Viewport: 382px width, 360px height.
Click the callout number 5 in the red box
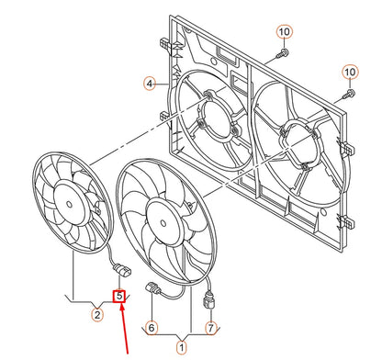click(x=119, y=296)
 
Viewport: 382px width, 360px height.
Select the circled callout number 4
click(x=150, y=84)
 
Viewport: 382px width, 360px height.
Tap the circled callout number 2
click(x=97, y=314)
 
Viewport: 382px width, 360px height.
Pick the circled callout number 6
click(x=152, y=328)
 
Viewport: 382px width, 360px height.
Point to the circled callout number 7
click(x=210, y=328)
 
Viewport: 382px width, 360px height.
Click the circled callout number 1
click(x=181, y=347)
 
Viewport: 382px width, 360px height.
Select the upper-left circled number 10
click(x=285, y=31)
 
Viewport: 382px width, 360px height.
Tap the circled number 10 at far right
click(x=350, y=73)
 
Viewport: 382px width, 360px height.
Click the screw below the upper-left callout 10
click(x=282, y=53)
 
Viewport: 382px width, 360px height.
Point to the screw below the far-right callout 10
click(x=348, y=94)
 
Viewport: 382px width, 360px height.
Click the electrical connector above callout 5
click(x=123, y=270)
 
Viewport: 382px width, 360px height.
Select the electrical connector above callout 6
click(x=153, y=288)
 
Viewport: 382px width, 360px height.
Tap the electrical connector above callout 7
click(x=210, y=300)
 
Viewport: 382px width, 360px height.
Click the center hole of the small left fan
click(x=69, y=205)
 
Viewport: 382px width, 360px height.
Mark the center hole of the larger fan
click(x=163, y=223)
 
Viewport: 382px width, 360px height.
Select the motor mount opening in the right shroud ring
click(x=297, y=145)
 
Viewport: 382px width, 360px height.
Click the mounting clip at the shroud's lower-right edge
click(x=344, y=221)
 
